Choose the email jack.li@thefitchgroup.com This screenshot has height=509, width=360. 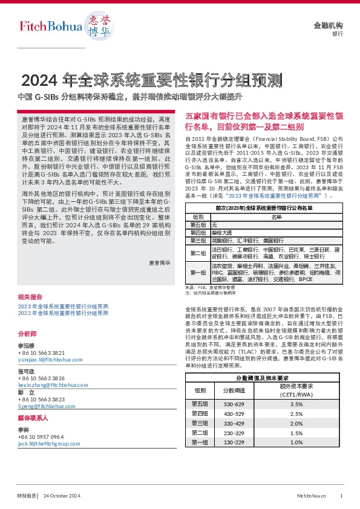[50, 443]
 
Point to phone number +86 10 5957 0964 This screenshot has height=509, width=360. [41, 436]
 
